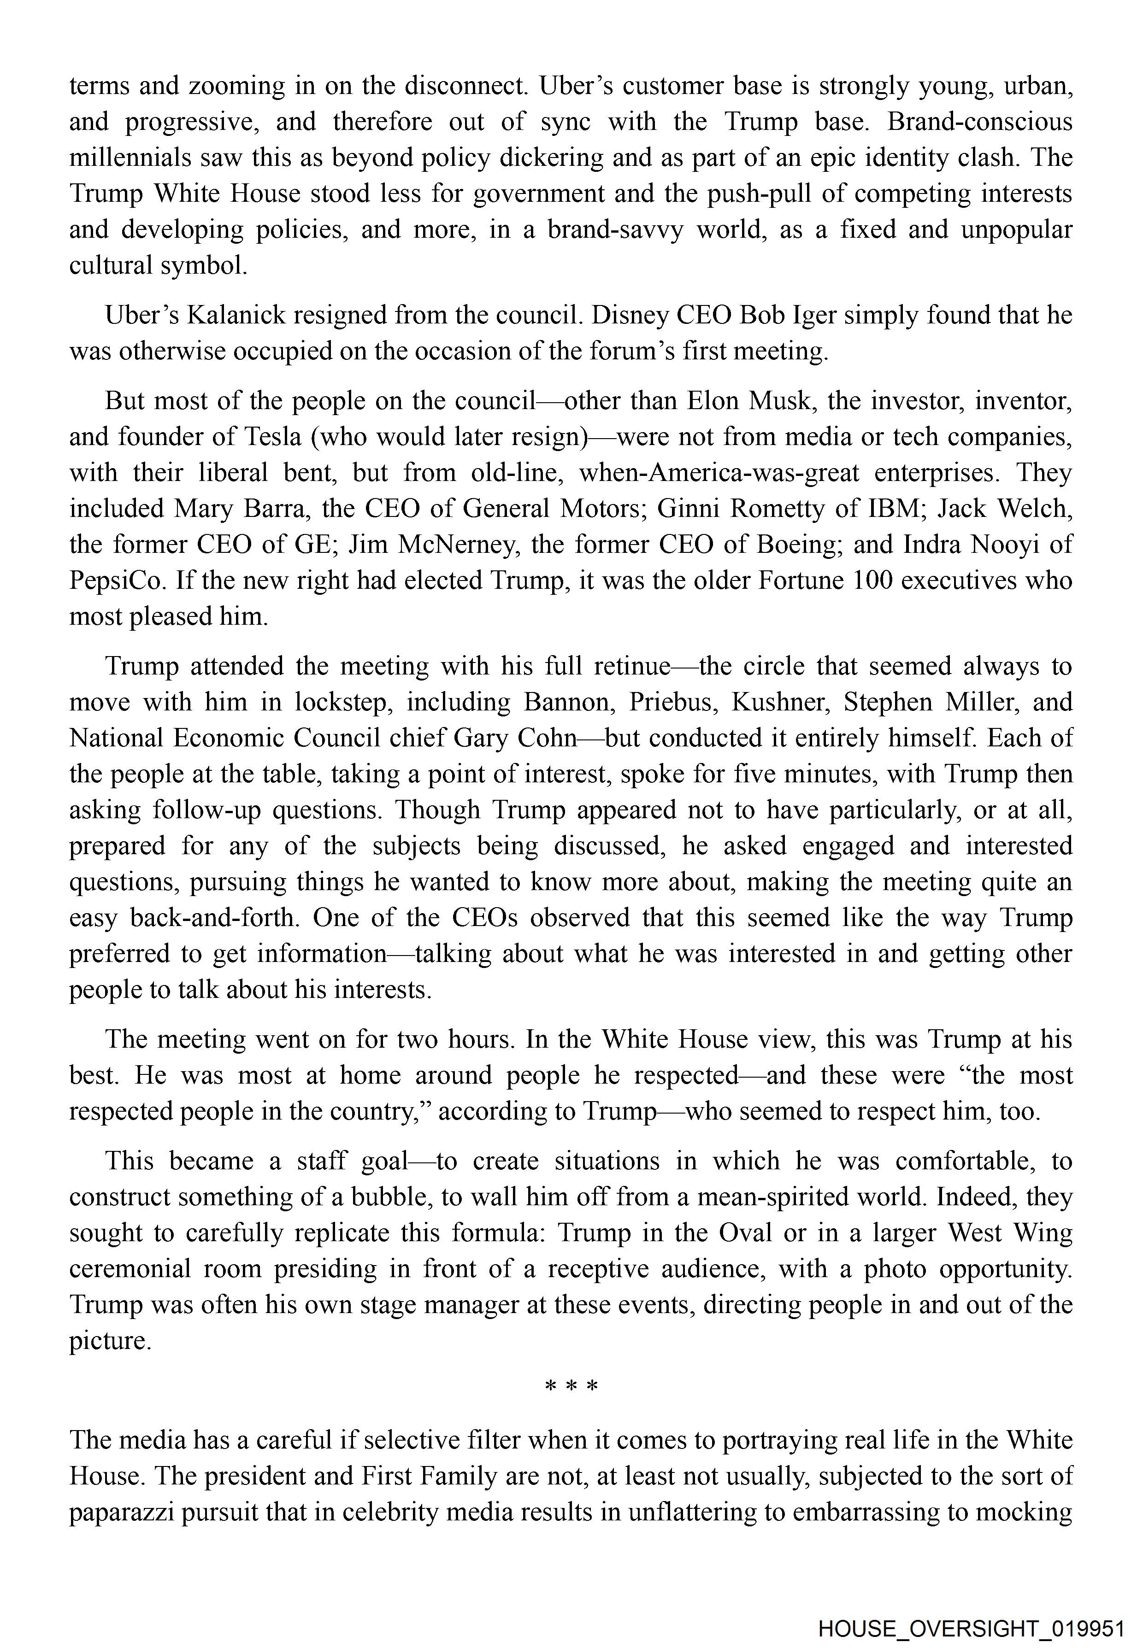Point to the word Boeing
pyautogui.click(x=794, y=544)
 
